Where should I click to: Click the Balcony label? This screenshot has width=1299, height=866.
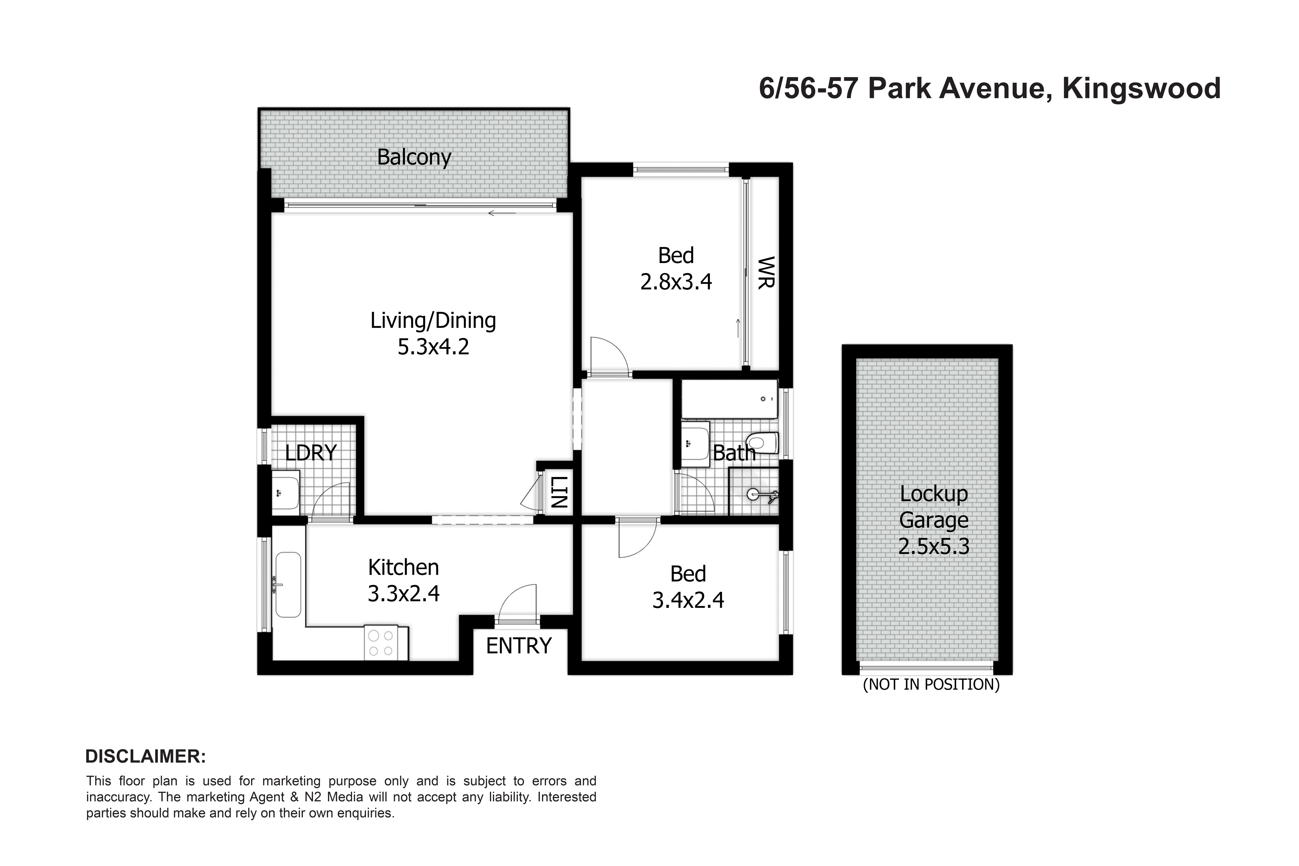[x=414, y=157]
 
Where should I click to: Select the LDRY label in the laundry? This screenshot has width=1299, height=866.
[x=311, y=453]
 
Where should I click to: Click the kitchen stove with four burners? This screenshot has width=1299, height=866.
[x=381, y=643]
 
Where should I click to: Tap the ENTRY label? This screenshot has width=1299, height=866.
[x=519, y=646]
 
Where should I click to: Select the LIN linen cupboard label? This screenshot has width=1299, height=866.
[x=559, y=492]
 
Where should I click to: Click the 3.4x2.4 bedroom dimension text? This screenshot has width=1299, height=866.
[x=688, y=600]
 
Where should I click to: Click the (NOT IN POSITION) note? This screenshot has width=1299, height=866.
[x=931, y=685]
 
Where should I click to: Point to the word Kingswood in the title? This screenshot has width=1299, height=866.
[x=1141, y=89]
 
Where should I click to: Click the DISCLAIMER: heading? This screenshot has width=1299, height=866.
[x=145, y=757]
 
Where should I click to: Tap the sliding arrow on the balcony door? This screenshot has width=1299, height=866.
[x=501, y=213]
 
